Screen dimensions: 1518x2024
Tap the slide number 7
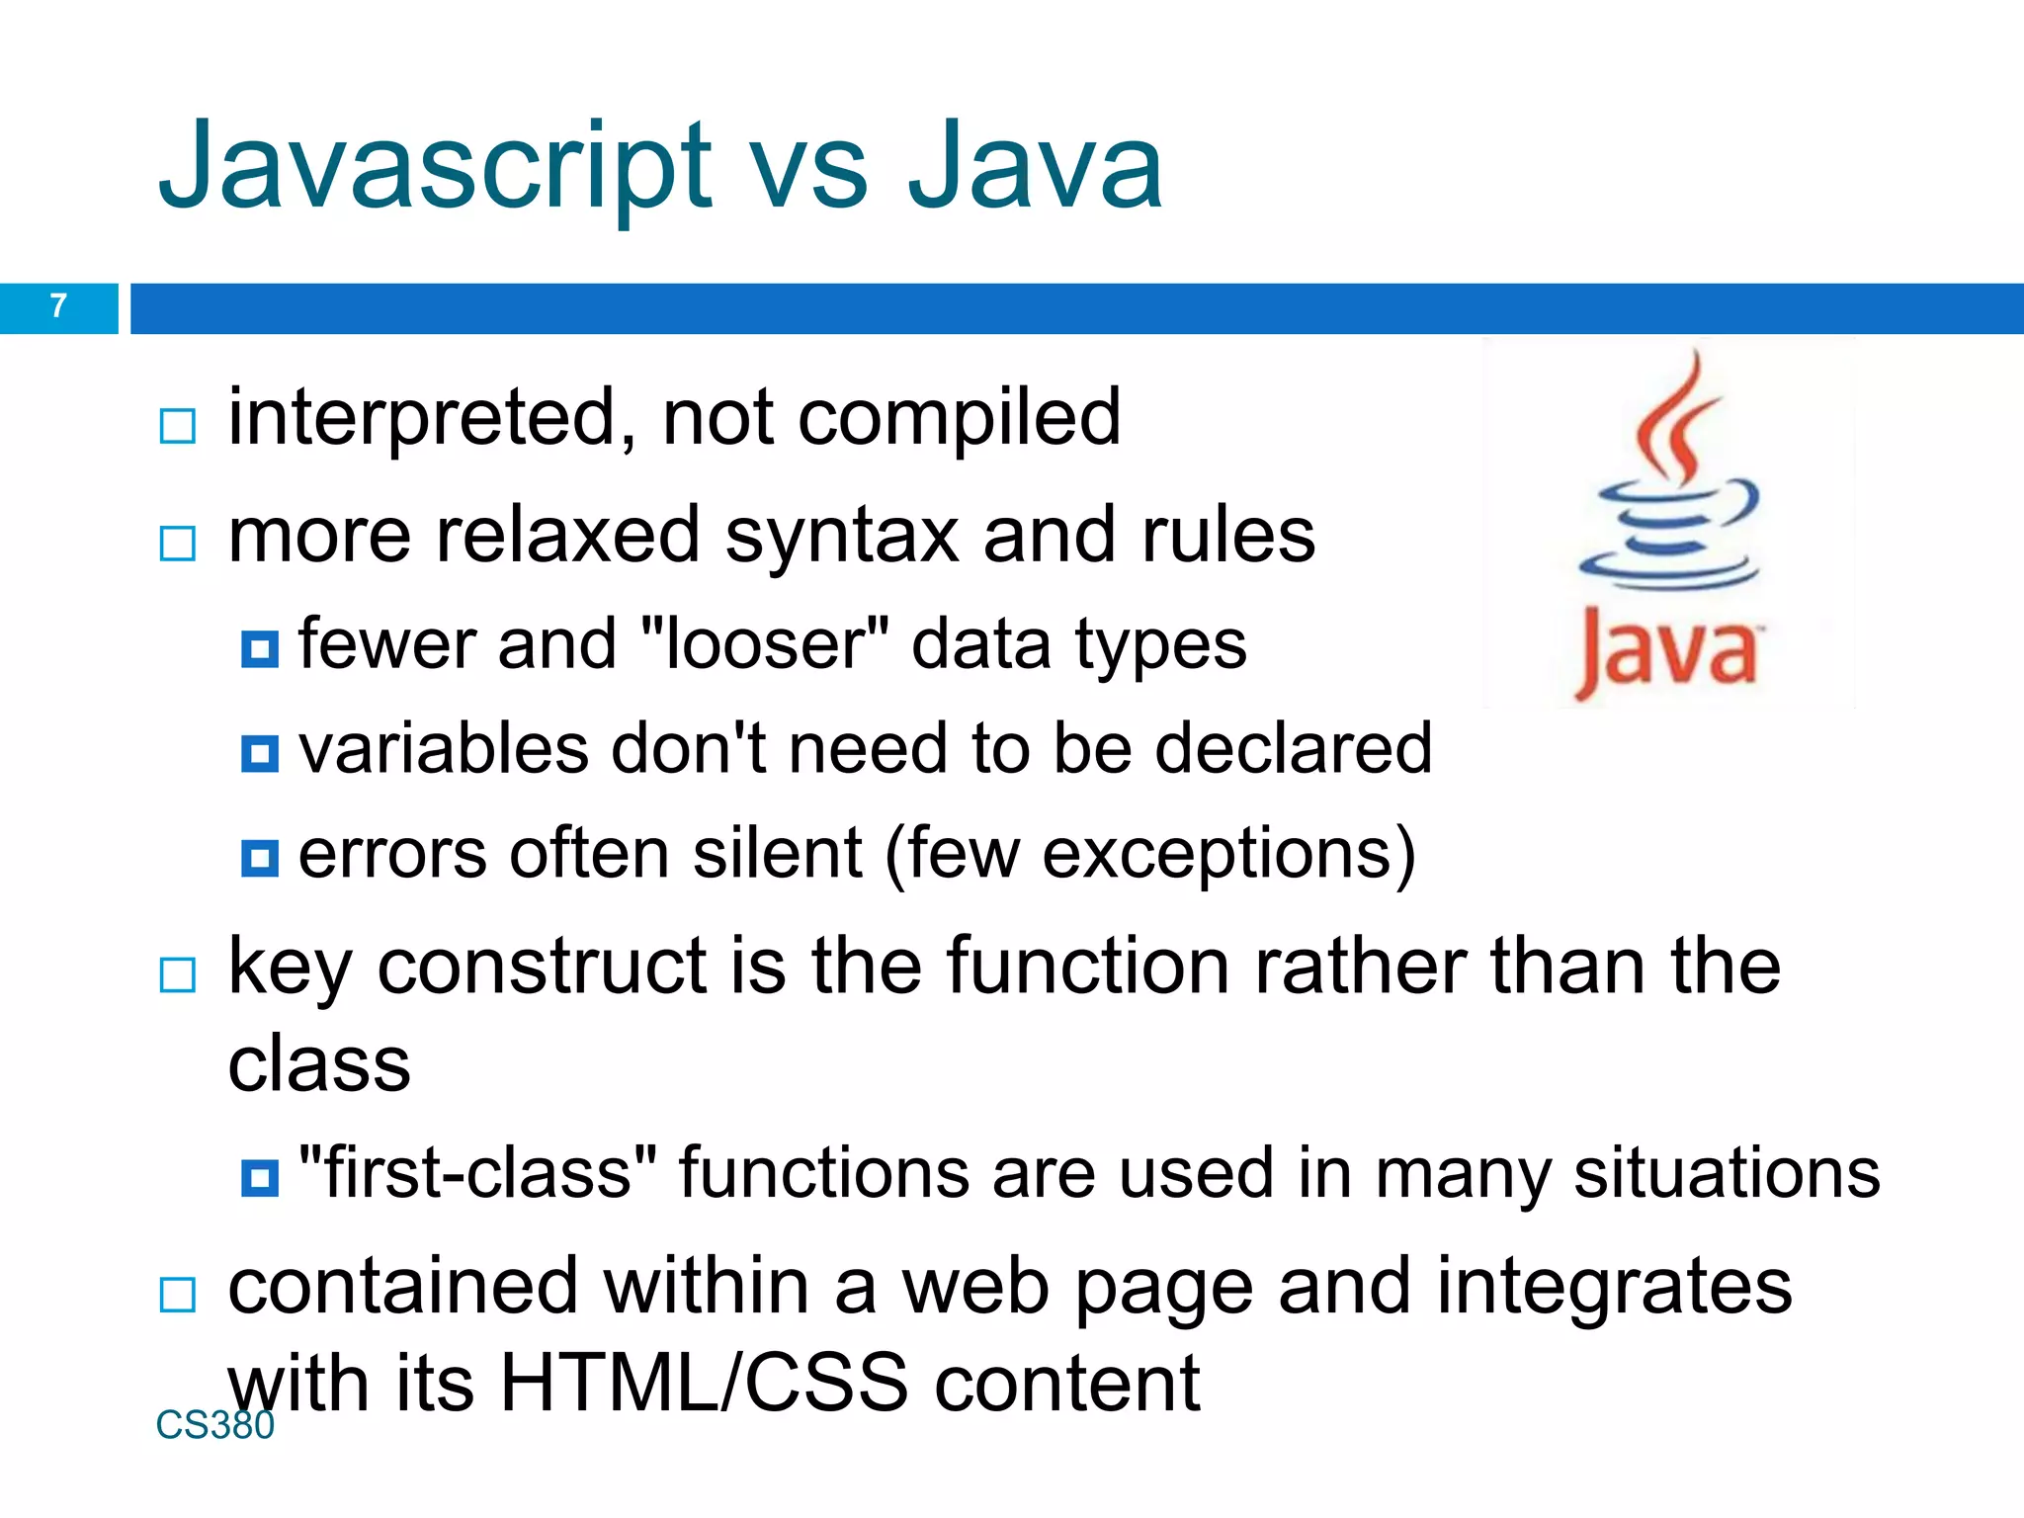tap(58, 306)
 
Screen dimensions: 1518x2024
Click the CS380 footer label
tap(214, 1425)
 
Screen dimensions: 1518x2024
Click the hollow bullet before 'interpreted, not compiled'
tap(178, 427)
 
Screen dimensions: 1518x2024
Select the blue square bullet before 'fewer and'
tap(260, 649)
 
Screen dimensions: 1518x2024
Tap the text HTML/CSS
tap(704, 1384)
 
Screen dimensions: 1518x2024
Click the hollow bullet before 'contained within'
tap(178, 1295)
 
